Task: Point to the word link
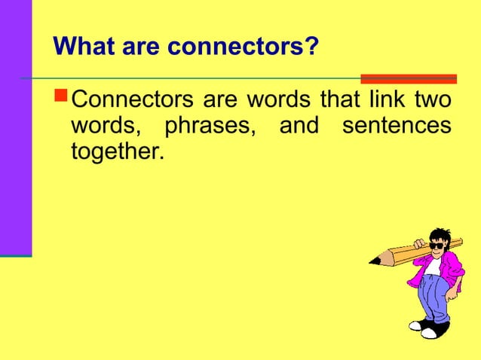387,101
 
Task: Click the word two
432,101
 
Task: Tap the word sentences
397,126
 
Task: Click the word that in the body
338,101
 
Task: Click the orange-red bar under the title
408,78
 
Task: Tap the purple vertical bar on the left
15,128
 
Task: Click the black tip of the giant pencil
374,261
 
